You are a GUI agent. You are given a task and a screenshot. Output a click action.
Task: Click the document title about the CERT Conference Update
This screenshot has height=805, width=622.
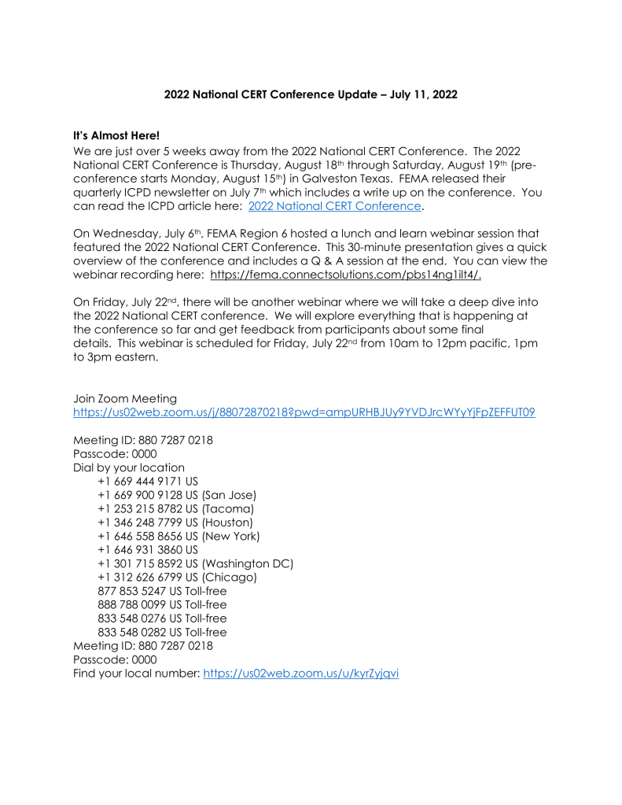tap(311, 94)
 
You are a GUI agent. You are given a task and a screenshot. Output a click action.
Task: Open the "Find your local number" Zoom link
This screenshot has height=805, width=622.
tap(301, 674)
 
